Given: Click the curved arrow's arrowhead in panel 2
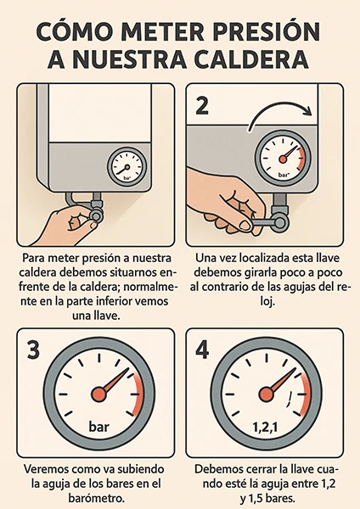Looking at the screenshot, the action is (307, 112).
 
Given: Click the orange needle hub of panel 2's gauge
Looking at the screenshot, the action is (283, 159).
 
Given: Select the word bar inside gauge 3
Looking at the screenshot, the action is (99, 426).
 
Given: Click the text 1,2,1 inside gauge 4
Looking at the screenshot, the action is (266, 428).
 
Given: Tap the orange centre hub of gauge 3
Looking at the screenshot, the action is (98, 394).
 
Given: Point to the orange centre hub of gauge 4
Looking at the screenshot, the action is (267, 394).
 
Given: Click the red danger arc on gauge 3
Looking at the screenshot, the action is (140, 394).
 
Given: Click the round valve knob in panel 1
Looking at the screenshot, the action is (97, 215).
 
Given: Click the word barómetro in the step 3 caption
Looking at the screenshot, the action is (97, 498).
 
